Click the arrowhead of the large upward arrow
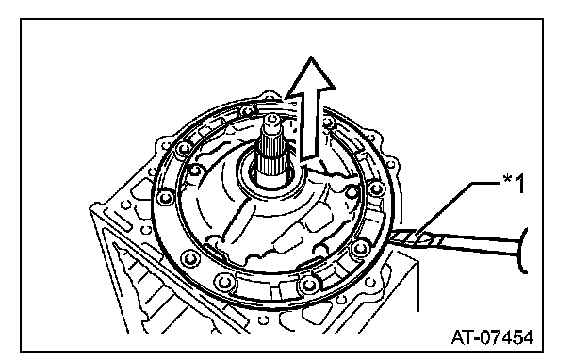311,76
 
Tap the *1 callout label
515,184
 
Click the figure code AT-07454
492,337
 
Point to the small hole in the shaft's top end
270,118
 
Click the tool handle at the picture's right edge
522,250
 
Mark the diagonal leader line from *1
443,209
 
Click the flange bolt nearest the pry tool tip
360,249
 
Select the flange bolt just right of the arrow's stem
328,123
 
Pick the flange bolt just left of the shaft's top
248,111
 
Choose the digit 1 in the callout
519,184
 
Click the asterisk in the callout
508,179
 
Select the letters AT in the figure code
462,337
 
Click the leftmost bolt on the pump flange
166,198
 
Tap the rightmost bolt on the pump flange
376,188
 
